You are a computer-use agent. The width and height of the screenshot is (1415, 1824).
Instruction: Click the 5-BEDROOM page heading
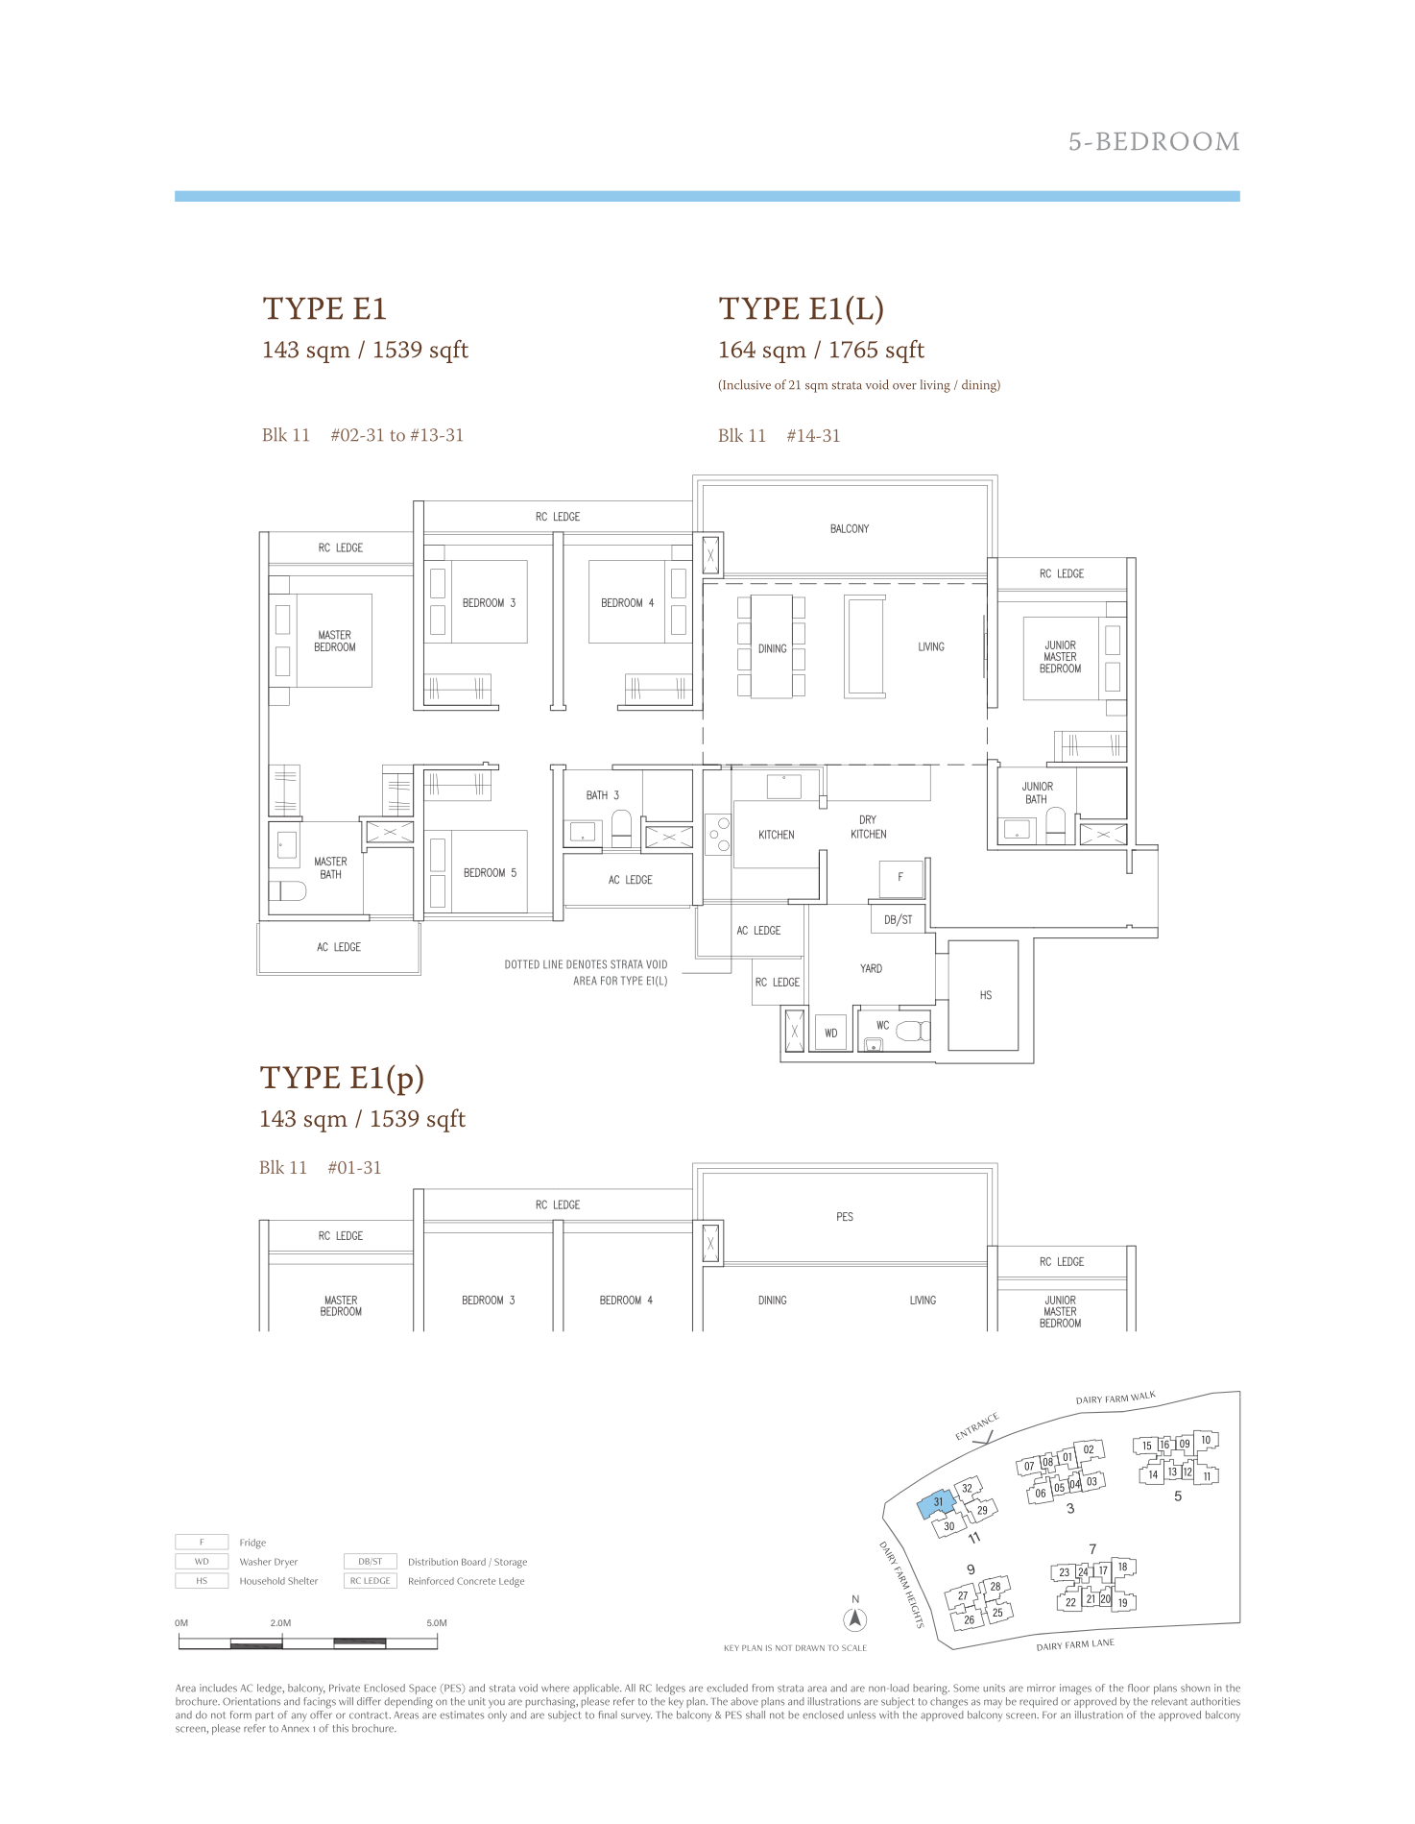[1154, 142]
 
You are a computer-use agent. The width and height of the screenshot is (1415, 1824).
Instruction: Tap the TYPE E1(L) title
[802, 308]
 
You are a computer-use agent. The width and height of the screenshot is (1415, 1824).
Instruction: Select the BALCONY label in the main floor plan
[850, 529]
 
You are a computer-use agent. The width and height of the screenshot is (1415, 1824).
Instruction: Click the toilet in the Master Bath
[289, 890]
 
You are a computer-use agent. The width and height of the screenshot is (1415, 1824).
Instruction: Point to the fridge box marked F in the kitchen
[900, 878]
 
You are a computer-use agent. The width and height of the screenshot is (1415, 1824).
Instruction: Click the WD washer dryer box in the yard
[831, 1034]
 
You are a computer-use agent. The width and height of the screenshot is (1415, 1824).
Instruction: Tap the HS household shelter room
[984, 995]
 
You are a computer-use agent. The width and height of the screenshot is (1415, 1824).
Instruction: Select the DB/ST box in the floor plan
[899, 919]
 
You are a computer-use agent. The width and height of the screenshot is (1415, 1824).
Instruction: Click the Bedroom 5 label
[490, 873]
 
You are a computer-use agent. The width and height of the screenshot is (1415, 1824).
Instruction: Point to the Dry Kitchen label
[868, 827]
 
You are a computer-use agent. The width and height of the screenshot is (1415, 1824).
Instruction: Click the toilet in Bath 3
[621, 827]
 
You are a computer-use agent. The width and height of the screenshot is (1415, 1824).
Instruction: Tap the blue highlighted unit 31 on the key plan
[936, 1503]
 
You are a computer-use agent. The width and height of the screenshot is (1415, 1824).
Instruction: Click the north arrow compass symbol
[855, 1619]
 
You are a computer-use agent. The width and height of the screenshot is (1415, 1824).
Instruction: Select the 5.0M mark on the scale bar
[437, 1623]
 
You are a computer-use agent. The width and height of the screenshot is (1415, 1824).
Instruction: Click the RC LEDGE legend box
[371, 1581]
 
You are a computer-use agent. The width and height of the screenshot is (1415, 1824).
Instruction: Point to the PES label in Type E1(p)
[845, 1217]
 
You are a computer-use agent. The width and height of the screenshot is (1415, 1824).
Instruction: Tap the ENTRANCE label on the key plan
[977, 1426]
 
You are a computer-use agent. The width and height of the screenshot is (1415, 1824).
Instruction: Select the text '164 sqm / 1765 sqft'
[821, 351]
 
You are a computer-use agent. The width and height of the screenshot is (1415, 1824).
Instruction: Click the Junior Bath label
[1037, 792]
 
